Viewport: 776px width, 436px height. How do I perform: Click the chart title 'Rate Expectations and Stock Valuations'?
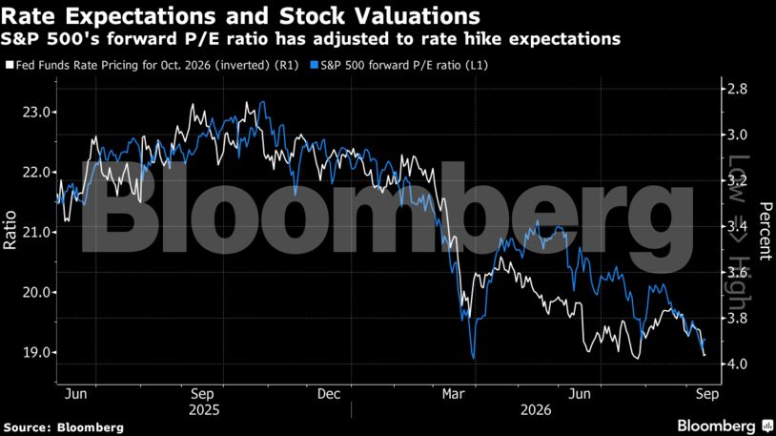pyautogui.click(x=240, y=16)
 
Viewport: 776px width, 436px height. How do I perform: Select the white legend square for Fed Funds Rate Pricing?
pyautogui.click(x=10, y=65)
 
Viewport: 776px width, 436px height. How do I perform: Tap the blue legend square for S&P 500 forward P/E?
pyautogui.click(x=314, y=65)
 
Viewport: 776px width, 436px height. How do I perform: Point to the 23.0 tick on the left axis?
pyautogui.click(x=36, y=113)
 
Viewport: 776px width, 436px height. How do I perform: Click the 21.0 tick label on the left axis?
pyautogui.click(x=36, y=233)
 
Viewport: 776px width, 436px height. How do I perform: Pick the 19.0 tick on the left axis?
pyautogui.click(x=36, y=353)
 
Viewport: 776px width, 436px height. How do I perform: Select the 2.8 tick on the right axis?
pyautogui.click(x=738, y=89)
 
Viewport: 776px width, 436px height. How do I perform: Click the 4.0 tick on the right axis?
pyautogui.click(x=738, y=364)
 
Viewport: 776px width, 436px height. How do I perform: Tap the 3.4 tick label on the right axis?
pyautogui.click(x=738, y=226)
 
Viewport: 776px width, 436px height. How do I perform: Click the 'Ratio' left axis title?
pyautogui.click(x=10, y=230)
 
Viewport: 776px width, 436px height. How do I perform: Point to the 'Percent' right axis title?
pyautogui.click(x=766, y=231)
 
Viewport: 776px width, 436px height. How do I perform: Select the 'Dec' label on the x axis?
pyautogui.click(x=329, y=394)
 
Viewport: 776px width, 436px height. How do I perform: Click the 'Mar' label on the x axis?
pyautogui.click(x=454, y=394)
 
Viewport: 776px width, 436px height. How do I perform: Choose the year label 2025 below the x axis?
pyautogui.click(x=204, y=410)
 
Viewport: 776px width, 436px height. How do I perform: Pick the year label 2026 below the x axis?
pyautogui.click(x=536, y=410)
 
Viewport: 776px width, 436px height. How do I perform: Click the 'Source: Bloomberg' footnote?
pyautogui.click(x=63, y=427)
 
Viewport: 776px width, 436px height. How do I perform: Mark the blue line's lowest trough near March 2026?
pyautogui.click(x=474, y=358)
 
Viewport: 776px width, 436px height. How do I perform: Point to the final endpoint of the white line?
pyautogui.click(x=705, y=354)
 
